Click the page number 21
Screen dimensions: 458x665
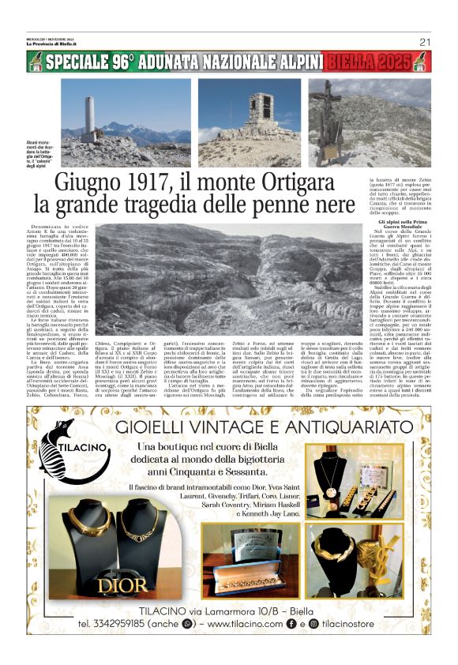coord(424,43)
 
